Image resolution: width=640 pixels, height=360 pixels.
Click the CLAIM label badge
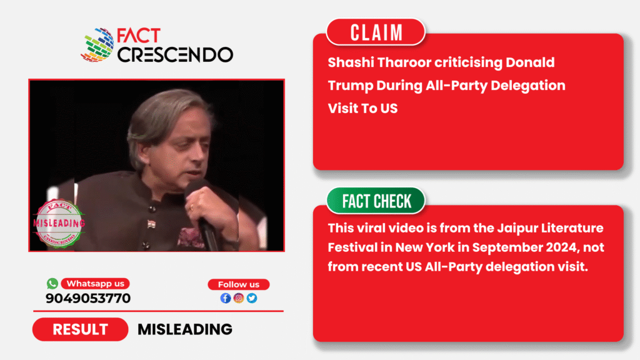[376, 32]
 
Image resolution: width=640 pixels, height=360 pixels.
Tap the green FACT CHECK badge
[376, 201]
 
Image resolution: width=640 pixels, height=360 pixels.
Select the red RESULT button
[80, 329]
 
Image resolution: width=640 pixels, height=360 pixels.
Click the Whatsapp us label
[95, 284]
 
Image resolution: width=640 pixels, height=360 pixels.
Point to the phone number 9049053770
[88, 298]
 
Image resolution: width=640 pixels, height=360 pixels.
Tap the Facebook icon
[225, 298]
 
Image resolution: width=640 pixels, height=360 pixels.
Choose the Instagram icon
[239, 298]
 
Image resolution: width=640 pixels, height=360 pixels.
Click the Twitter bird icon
[252, 298]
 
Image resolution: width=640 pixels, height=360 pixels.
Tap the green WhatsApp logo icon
[52, 283]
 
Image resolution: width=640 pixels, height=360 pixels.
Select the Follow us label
[238, 284]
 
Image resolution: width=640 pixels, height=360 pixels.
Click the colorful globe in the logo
[97, 45]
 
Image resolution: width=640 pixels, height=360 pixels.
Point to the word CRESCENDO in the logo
[175, 55]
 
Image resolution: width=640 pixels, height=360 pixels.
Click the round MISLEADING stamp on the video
[59, 223]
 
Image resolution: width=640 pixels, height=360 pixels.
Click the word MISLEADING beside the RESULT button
[185, 329]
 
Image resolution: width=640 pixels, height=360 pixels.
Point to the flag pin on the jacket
[151, 224]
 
